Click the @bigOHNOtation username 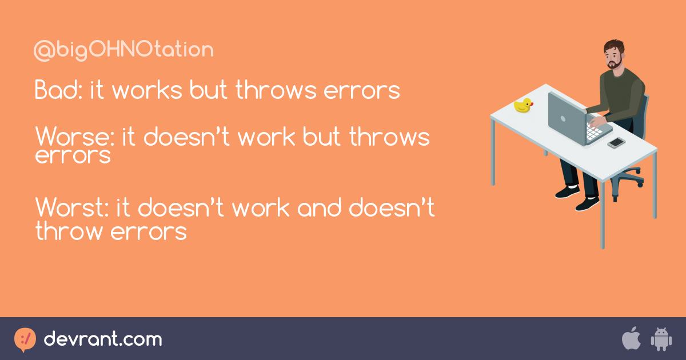pyautogui.click(x=123, y=51)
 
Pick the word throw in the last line pyautogui.click(x=68, y=231)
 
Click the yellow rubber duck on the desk pyautogui.click(x=523, y=105)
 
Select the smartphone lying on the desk pyautogui.click(x=616, y=142)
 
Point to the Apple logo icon pyautogui.click(x=631, y=339)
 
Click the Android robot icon pyautogui.click(x=660, y=339)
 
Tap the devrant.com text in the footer pyautogui.click(x=103, y=339)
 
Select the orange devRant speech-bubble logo pyautogui.click(x=25, y=339)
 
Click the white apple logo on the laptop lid pyautogui.click(x=563, y=119)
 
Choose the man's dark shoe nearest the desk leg pyautogui.click(x=588, y=203)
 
